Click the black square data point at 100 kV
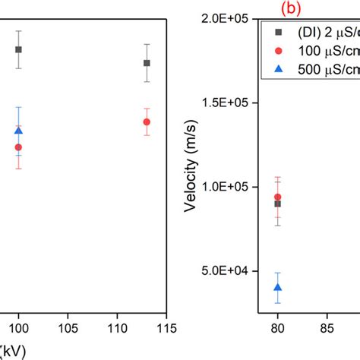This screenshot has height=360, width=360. point(19,49)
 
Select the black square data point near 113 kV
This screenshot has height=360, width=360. point(147,63)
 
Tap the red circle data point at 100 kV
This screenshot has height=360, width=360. point(19,147)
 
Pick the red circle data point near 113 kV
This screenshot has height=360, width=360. point(147,122)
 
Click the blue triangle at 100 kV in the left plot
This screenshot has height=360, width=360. point(19,131)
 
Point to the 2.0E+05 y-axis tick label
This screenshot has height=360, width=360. point(226,18)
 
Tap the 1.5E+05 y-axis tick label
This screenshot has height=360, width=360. point(226,103)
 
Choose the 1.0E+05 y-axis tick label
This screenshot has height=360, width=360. point(226,187)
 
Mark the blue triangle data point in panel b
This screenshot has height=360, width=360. point(278,287)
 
